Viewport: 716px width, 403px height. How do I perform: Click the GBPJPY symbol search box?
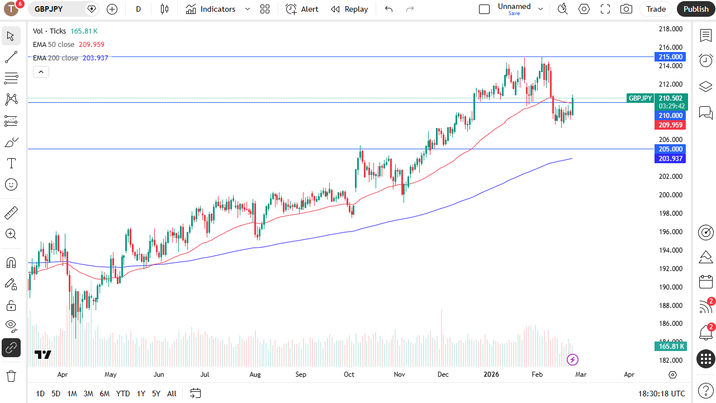pos(56,9)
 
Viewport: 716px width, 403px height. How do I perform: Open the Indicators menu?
pos(211,9)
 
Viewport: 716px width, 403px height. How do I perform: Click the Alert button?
pos(302,9)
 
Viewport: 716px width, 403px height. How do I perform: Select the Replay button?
pos(349,9)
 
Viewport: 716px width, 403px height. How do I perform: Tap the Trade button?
pos(656,9)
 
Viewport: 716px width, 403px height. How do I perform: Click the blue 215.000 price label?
pos(670,57)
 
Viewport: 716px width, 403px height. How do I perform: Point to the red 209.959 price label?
pos(670,125)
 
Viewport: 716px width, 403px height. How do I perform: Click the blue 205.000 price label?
pos(670,149)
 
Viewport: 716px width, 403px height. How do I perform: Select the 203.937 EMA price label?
pos(670,159)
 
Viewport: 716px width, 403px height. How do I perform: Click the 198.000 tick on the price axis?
pos(670,214)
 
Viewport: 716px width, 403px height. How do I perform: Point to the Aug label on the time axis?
pos(255,374)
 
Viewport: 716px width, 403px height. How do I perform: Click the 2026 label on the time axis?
pos(491,374)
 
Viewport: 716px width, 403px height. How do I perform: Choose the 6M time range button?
pos(105,393)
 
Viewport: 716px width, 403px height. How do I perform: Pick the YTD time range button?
pos(123,393)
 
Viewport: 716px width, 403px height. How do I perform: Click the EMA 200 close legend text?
pos(56,58)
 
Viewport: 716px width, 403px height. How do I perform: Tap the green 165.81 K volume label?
pos(670,347)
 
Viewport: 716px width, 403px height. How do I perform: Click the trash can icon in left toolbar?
pos(11,376)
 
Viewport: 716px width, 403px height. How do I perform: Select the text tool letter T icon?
pos(11,163)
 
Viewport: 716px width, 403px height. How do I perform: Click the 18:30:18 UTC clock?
pos(661,393)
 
